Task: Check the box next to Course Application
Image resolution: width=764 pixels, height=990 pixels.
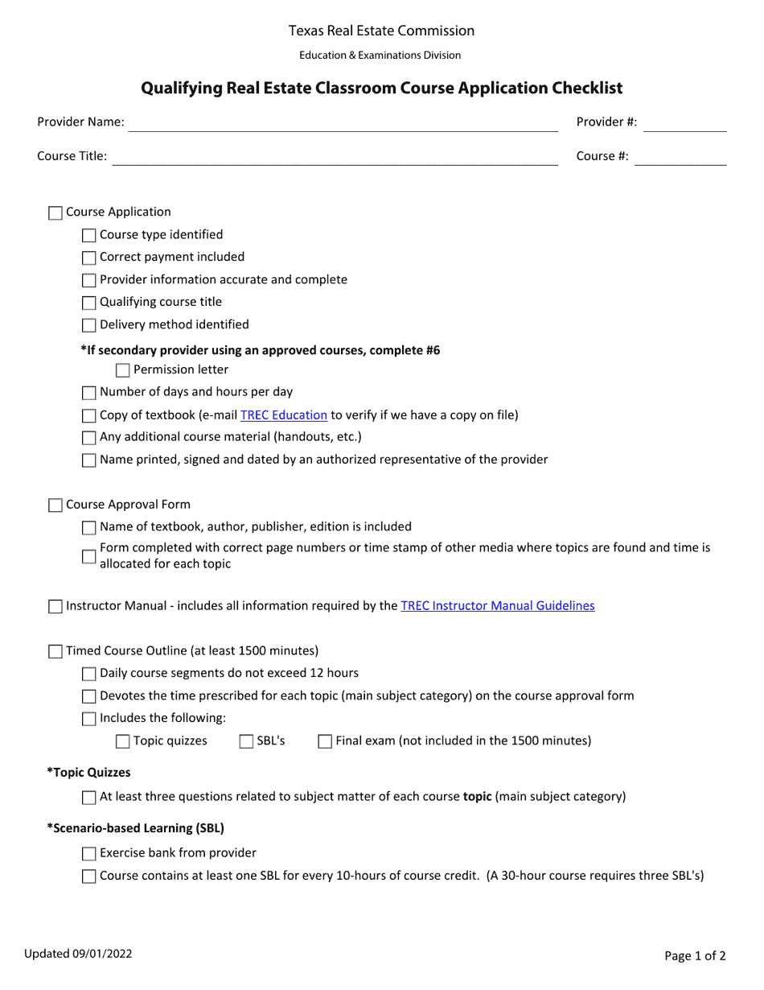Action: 55,213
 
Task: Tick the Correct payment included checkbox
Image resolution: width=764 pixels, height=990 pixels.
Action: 89,258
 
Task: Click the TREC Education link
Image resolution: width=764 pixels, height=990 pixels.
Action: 283,415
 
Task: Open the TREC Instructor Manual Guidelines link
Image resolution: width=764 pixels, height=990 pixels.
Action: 497,606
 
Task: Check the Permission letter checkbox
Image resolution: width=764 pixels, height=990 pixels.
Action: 123,371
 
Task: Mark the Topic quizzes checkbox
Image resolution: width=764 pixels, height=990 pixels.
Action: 123,742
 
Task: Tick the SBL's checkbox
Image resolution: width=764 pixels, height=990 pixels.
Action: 246,742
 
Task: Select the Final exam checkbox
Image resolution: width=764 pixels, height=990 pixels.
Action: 325,742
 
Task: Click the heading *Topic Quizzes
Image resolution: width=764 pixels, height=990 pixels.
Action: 88,773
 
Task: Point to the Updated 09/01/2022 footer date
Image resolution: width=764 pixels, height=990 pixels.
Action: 78,955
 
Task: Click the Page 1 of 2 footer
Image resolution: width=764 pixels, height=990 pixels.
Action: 695,956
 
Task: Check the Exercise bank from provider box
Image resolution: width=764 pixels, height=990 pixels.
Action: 89,854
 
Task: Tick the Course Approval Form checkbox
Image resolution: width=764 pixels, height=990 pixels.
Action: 55,505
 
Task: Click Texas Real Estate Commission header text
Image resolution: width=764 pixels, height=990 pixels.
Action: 381,31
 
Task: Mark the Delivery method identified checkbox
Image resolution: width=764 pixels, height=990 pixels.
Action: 89,326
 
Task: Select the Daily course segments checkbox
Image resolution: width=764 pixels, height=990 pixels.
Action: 89,674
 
